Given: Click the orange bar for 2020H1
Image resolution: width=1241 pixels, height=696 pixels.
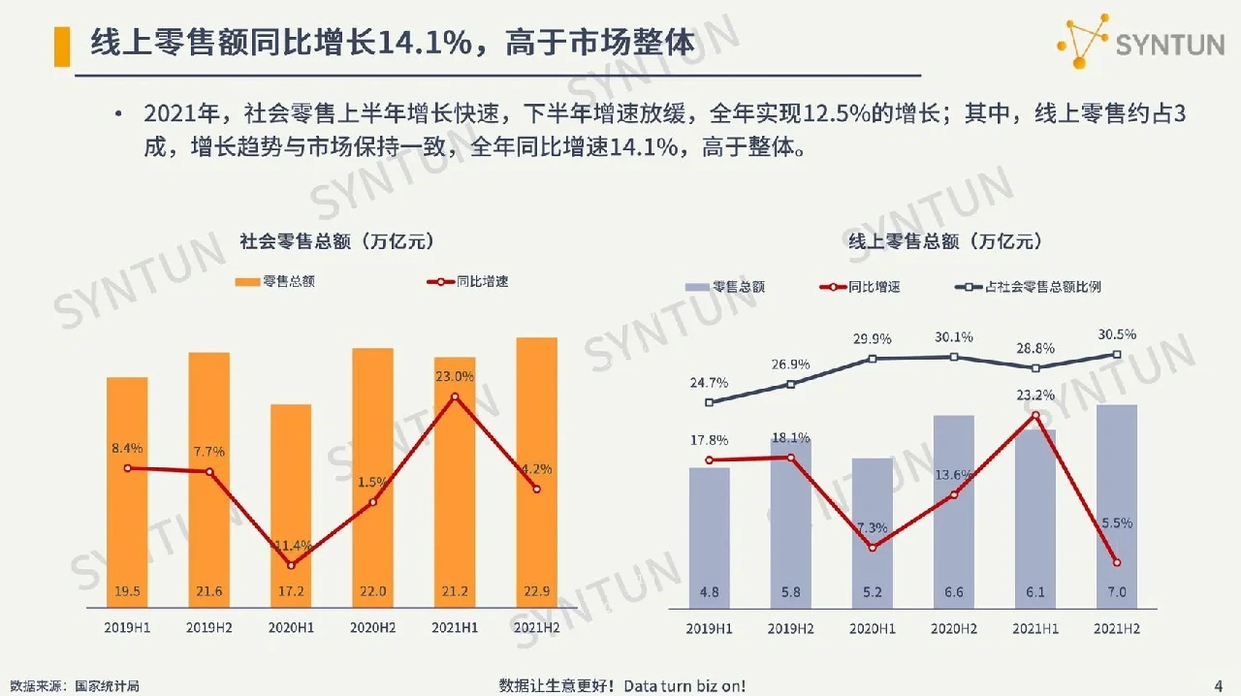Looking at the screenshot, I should point(291,504).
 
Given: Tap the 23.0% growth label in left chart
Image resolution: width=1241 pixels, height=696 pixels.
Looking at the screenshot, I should point(454,376).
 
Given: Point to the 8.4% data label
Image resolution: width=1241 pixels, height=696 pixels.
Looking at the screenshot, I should point(126,448).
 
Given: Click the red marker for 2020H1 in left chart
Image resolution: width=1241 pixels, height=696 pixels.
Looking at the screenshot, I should point(291,565).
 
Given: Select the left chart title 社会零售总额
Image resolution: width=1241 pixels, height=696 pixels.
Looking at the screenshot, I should point(335,241).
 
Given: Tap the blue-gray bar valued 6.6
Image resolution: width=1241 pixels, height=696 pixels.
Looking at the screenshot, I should point(953,514).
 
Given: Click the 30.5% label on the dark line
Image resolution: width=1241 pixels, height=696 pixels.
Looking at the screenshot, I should point(1117,334).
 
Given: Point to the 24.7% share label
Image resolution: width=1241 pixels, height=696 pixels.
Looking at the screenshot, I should point(709,382).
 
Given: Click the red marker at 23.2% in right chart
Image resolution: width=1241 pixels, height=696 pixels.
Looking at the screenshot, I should point(1035,416).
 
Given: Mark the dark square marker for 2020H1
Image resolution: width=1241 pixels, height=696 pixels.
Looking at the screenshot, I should point(873,359).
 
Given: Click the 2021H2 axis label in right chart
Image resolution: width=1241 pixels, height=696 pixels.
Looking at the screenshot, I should point(1116,628).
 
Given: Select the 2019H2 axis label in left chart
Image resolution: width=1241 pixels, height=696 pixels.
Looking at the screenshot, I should point(208,628).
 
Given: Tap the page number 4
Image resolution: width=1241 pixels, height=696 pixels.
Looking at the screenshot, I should point(1218,686).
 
